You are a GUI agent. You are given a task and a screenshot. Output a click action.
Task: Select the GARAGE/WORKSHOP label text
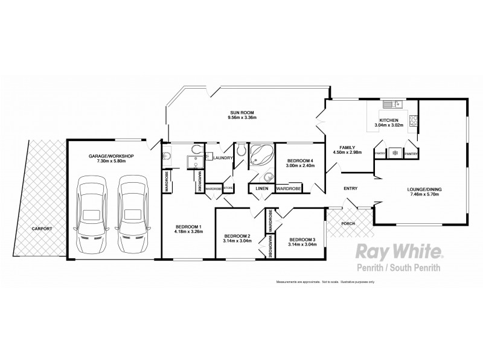(111, 156)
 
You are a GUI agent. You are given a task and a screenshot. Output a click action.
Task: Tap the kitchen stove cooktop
(414, 121)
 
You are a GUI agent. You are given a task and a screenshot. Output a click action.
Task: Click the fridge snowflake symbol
(395, 153)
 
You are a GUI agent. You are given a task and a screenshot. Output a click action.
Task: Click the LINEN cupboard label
(261, 189)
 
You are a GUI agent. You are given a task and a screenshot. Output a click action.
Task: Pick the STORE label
(228, 188)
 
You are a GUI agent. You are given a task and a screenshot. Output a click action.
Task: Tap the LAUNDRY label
(223, 158)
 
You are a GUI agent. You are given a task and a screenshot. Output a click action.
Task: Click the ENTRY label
(350, 189)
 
